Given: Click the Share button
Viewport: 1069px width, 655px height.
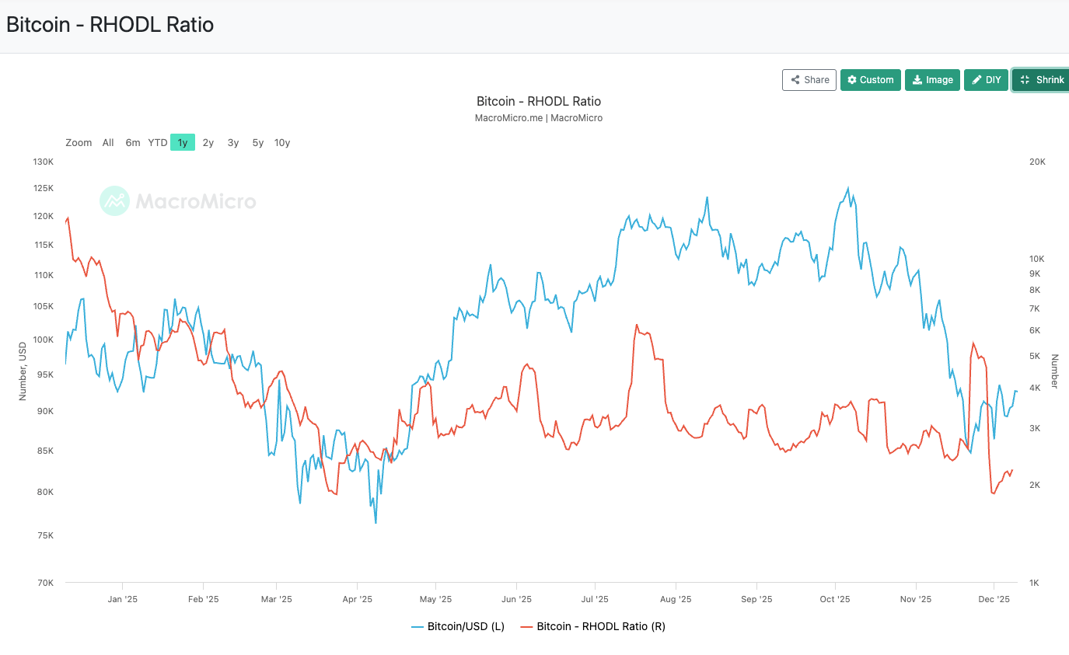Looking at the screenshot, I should click(809, 80).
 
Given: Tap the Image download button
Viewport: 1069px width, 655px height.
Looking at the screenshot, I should click(932, 80).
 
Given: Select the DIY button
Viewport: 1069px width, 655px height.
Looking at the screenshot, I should click(987, 80).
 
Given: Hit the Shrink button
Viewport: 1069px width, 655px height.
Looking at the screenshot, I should click(1042, 80).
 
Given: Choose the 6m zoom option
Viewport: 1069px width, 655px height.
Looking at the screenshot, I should click(133, 143).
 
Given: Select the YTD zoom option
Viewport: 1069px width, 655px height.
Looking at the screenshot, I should click(158, 143).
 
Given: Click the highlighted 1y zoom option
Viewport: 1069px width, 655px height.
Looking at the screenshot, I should click(183, 143).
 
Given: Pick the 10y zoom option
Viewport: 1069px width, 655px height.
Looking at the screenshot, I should click(282, 143).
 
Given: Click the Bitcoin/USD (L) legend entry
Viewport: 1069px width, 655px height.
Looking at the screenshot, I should click(458, 626).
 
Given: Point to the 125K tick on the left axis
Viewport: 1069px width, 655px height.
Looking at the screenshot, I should click(42, 189).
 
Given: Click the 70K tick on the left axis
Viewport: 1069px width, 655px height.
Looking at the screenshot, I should click(44, 583).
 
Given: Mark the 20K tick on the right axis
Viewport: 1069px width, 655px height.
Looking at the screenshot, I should click(1037, 162).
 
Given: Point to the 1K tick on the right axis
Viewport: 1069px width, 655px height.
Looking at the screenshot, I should click(1035, 583).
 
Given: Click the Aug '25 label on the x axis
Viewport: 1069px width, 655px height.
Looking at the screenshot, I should click(676, 600).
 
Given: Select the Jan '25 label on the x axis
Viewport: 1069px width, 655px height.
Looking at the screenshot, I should click(122, 600).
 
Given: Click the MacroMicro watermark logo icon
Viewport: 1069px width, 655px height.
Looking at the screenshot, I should click(114, 201).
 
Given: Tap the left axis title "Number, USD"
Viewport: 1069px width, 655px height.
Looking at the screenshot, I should click(23, 371).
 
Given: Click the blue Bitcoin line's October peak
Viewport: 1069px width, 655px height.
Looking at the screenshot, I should click(847, 188).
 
